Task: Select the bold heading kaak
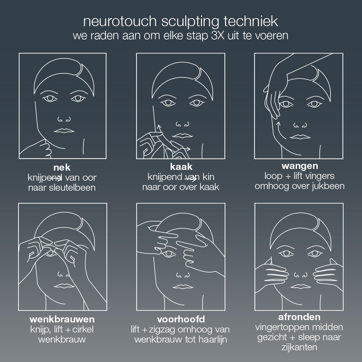tap(181, 167)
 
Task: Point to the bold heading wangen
tap(300, 166)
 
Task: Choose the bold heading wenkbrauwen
tap(62, 318)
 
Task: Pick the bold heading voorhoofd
tap(181, 318)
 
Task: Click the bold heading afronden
tap(299, 317)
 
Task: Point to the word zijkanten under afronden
tap(299, 347)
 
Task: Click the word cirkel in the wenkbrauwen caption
tap(82, 329)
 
